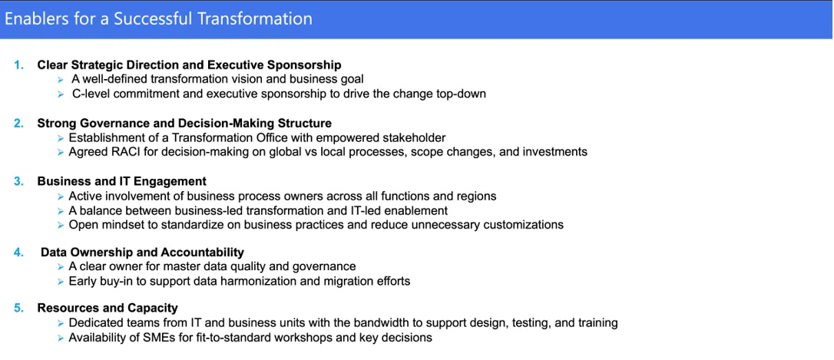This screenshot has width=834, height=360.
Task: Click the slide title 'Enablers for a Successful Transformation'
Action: pyautogui.click(x=158, y=19)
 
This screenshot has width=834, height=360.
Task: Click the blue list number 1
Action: pyautogui.click(x=18, y=65)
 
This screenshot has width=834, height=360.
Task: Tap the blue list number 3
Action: pyautogui.click(x=18, y=181)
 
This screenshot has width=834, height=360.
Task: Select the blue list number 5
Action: pyautogui.click(x=18, y=308)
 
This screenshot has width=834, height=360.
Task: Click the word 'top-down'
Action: pyautogui.click(x=462, y=94)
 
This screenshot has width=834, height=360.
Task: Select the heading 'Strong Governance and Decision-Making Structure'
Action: pyautogui.click(x=184, y=124)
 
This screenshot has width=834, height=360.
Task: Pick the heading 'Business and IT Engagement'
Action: pyautogui.click(x=122, y=181)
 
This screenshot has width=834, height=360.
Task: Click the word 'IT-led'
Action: pyautogui.click(x=380, y=210)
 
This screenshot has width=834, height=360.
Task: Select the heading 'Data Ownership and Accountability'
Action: pyautogui.click(x=143, y=252)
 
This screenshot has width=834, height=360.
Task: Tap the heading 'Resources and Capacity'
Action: pyautogui.click(x=108, y=308)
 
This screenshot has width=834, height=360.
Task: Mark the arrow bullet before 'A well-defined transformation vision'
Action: pyautogui.click(x=61, y=80)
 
